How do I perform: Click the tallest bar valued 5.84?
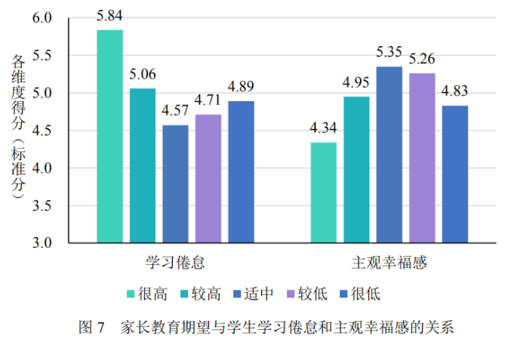(x=109, y=136)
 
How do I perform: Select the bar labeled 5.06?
(x=143, y=166)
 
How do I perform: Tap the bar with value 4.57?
(x=175, y=184)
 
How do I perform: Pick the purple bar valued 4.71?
(x=208, y=179)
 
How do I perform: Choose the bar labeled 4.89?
(x=241, y=172)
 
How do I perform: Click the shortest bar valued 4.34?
(x=324, y=192)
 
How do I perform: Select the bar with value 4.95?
(x=356, y=170)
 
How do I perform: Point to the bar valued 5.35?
(x=389, y=155)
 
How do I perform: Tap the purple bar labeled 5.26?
(x=422, y=158)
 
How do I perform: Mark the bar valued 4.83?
(x=455, y=174)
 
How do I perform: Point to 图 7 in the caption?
(x=94, y=328)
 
